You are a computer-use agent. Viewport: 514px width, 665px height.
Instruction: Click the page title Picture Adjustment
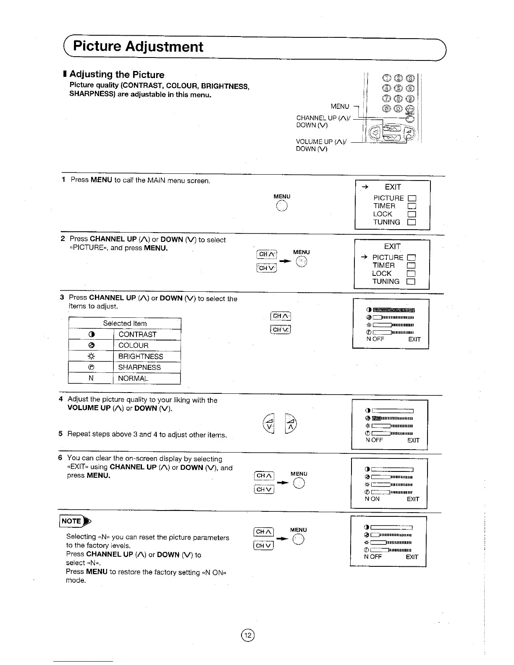click(138, 46)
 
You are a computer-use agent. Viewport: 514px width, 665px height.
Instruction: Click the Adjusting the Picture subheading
click(116, 75)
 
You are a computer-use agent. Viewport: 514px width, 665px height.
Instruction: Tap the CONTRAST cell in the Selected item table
click(137, 335)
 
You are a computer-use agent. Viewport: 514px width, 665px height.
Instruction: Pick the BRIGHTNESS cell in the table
click(140, 356)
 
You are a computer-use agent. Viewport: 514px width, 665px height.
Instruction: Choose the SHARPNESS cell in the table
click(139, 367)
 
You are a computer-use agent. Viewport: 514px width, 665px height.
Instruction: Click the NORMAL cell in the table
click(133, 378)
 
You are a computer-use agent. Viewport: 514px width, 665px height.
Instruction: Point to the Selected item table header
click(125, 323)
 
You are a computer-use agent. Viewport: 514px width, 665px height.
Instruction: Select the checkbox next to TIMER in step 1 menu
click(412, 206)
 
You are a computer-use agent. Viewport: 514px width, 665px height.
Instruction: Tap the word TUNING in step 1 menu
click(386, 222)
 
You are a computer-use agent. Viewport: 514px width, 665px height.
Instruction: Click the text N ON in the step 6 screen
click(372, 499)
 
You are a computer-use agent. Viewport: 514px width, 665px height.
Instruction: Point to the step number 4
click(61, 399)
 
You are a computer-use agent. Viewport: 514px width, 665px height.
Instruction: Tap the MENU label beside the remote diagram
click(340, 107)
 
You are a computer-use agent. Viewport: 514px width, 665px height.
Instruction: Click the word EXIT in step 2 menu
click(392, 246)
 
